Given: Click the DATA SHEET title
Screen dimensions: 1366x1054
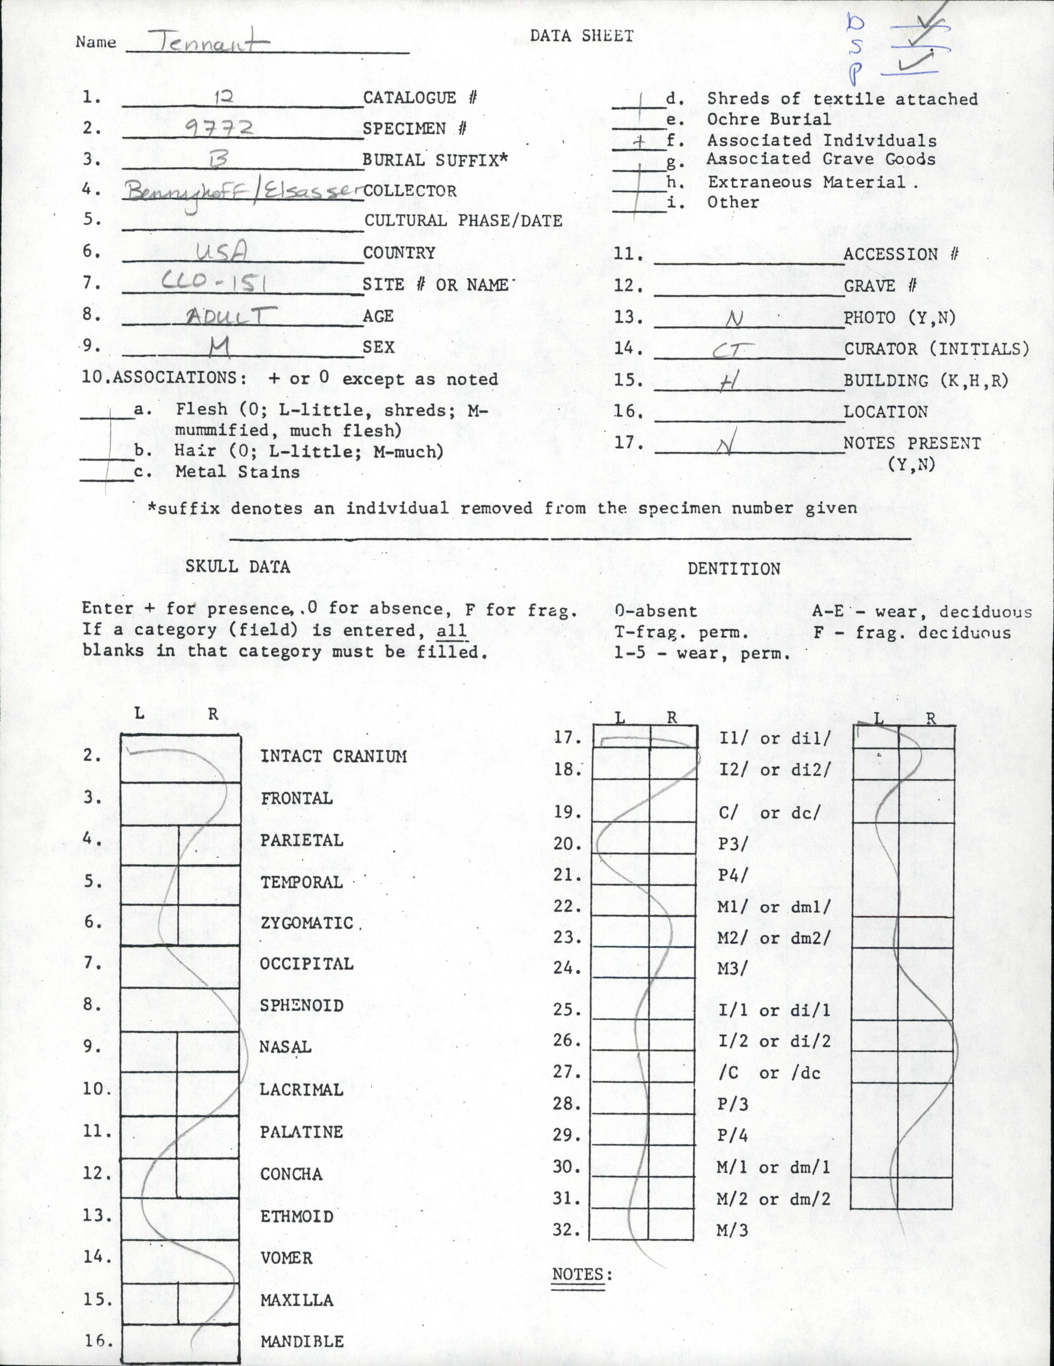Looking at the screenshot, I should click(x=582, y=36).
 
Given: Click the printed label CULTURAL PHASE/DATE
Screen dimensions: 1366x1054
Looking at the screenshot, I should click(x=463, y=221).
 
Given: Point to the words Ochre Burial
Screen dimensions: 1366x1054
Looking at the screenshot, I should click(x=769, y=119).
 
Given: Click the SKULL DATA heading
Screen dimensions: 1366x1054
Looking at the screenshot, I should click(x=238, y=567).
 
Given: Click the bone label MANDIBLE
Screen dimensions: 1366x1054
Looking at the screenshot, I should click(x=302, y=1342).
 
